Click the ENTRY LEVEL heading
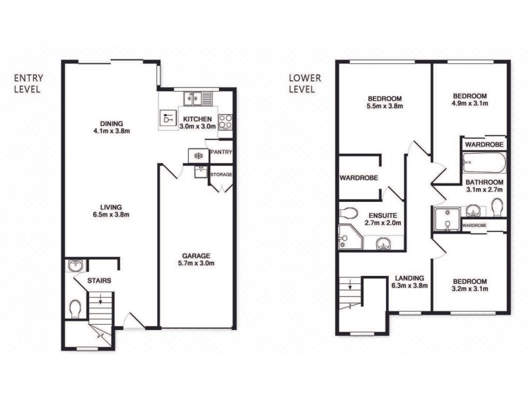tap(28, 82)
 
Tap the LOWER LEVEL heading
tap(306, 82)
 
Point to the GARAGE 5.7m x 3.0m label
tap(196, 259)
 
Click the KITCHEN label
tap(197, 119)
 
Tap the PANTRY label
tap(219, 152)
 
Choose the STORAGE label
tap(221, 174)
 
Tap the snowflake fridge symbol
tap(197, 156)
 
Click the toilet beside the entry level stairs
tap(75, 308)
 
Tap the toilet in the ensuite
tap(348, 213)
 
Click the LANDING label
tap(410, 277)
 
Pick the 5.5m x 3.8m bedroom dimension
tap(384, 105)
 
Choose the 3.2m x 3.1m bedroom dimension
tap(469, 289)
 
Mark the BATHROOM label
tap(484, 182)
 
